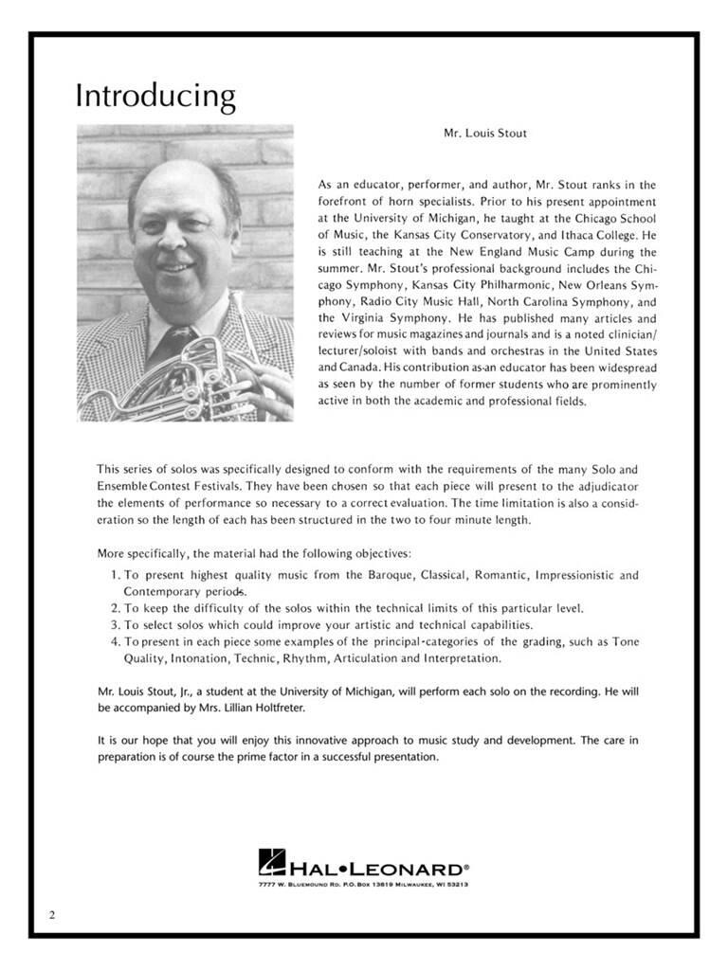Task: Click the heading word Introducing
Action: (155, 97)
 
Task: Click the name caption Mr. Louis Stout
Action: (485, 134)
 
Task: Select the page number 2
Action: (53, 914)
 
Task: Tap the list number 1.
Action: (114, 574)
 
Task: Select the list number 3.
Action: (114, 625)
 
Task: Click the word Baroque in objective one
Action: (391, 574)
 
